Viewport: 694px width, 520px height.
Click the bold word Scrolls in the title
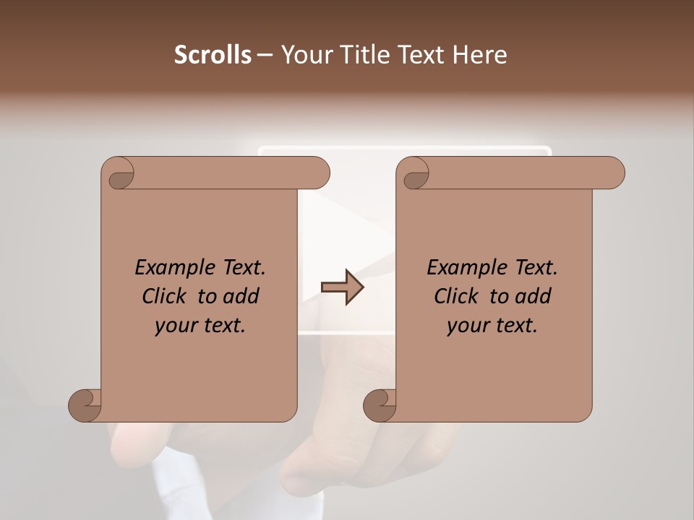point(213,55)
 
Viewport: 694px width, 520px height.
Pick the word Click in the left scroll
point(166,296)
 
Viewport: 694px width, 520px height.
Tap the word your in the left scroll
point(174,326)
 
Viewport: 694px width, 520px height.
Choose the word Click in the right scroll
point(458,296)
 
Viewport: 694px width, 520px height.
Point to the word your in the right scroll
point(466,326)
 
